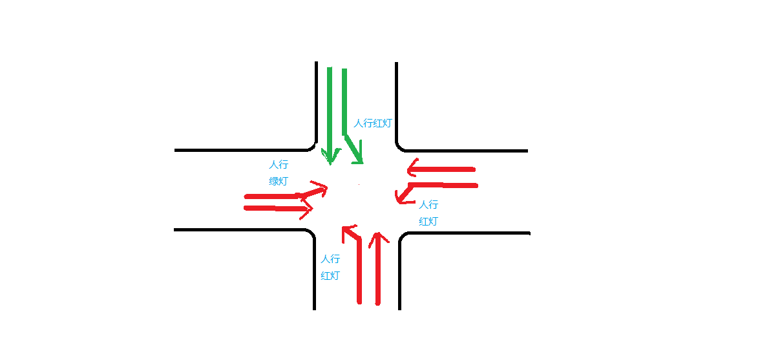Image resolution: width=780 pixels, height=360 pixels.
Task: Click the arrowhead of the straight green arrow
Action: pyautogui.click(x=330, y=158)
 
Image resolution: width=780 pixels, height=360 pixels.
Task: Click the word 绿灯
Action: pyautogui.click(x=279, y=181)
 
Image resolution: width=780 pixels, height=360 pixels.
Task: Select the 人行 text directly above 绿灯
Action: pyautogui.click(x=279, y=165)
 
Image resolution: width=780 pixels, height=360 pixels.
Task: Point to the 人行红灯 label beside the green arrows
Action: pyautogui.click(x=373, y=123)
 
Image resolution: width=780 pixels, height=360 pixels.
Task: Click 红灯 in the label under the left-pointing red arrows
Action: pyautogui.click(x=428, y=221)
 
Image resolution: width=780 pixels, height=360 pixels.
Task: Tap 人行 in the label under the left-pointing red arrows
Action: pyautogui.click(x=428, y=205)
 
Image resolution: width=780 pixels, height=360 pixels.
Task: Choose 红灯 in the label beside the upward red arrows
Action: pyautogui.click(x=330, y=275)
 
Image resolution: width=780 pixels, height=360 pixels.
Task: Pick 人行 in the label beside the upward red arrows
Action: pyautogui.click(x=330, y=259)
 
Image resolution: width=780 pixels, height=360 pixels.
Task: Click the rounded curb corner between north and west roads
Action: pyautogui.click(x=312, y=146)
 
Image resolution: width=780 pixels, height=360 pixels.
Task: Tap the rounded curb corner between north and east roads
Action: pyautogui.click(x=401, y=146)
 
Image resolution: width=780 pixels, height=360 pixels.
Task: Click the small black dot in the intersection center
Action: pyautogui.click(x=359, y=185)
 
